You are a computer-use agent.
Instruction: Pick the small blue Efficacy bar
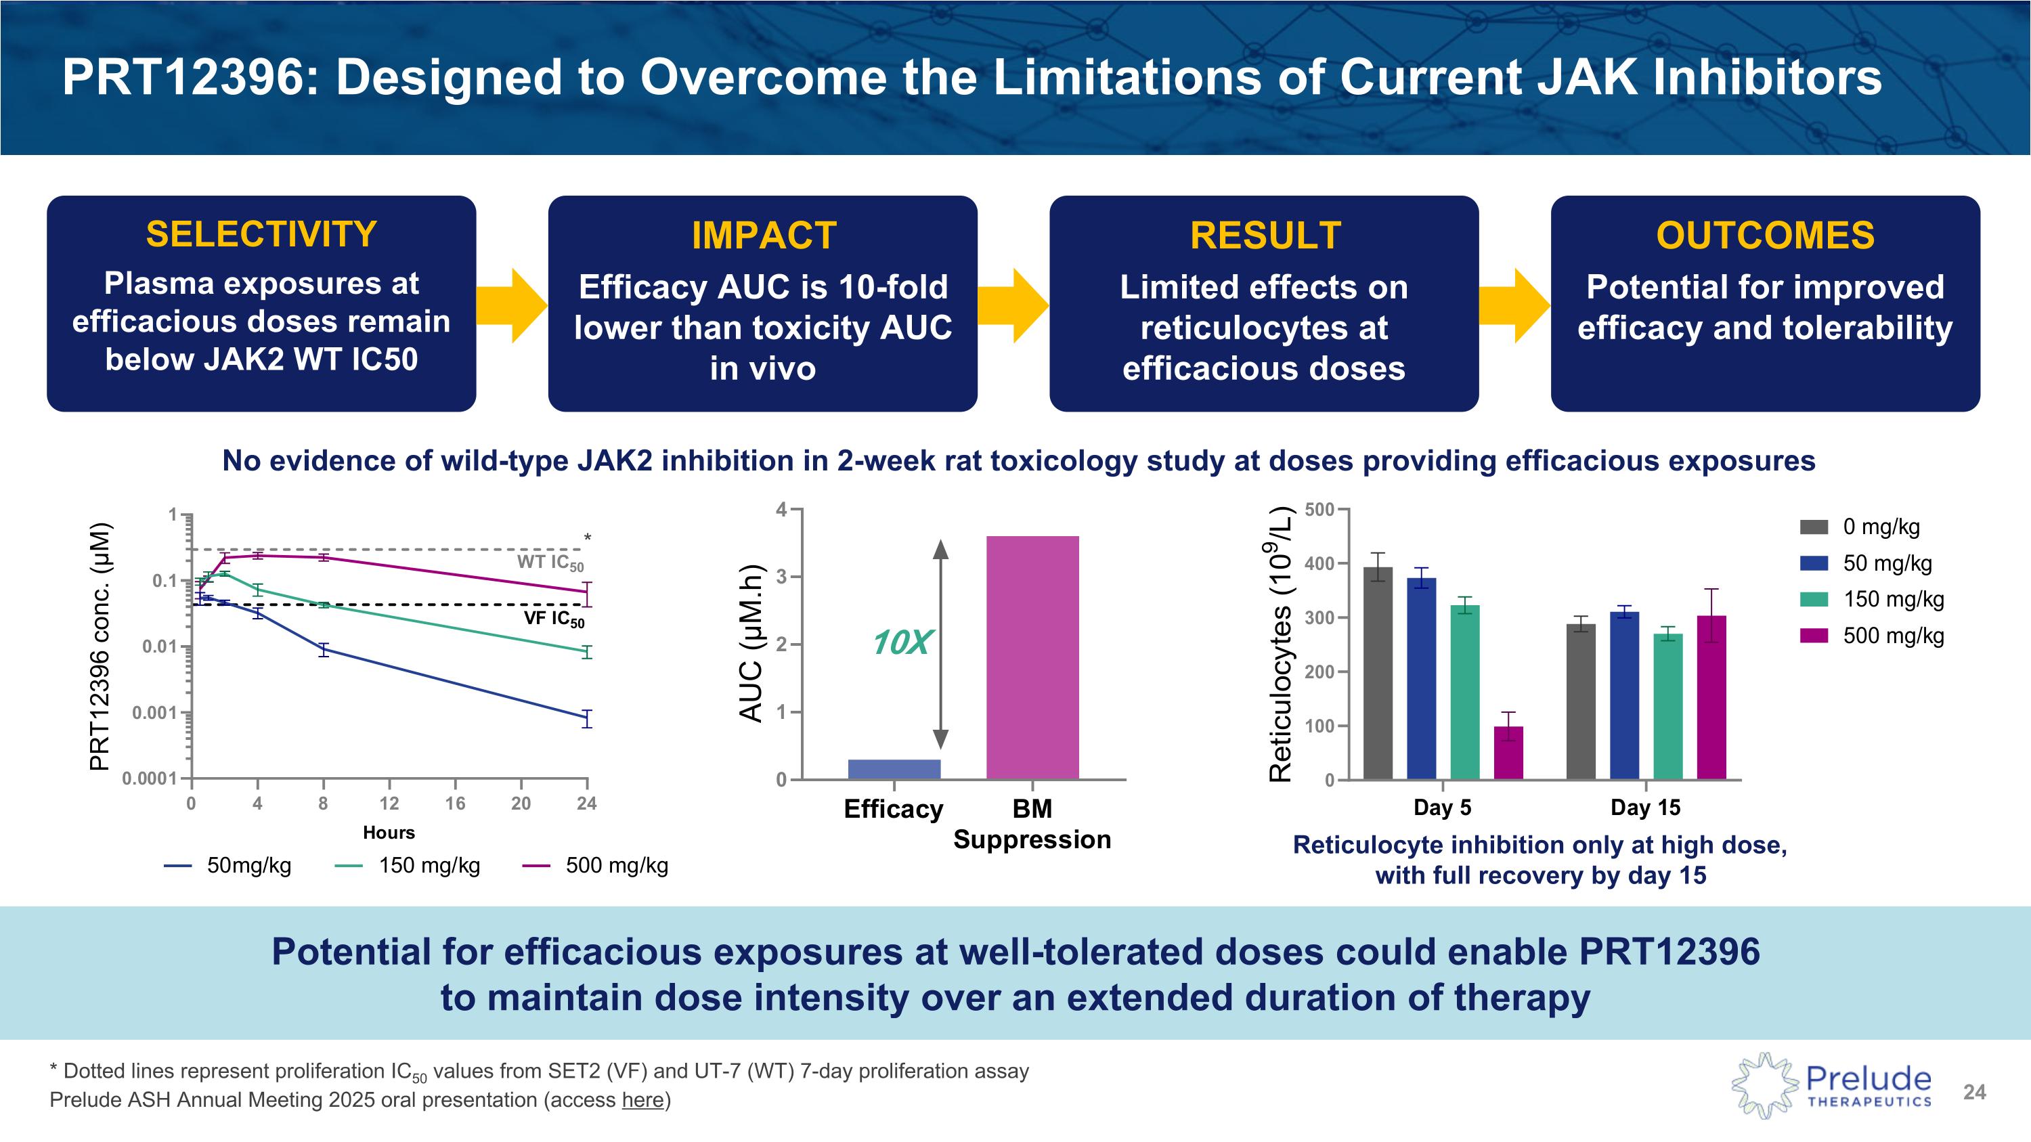click(894, 769)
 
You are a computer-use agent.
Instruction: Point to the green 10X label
click(900, 643)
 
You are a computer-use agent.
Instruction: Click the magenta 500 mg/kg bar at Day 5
click(1508, 753)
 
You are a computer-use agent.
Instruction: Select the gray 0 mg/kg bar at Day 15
click(1581, 701)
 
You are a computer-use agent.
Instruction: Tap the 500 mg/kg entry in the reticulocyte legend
click(1873, 635)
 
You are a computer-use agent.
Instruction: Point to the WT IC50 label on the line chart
click(550, 563)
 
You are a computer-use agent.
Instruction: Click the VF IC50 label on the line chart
click(554, 619)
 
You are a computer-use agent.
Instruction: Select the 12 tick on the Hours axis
click(389, 803)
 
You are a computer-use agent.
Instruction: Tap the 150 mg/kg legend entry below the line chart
click(408, 865)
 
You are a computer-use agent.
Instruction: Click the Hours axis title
click(389, 832)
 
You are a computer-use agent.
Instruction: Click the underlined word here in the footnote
click(642, 1099)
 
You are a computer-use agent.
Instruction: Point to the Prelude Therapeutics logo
click(1831, 1086)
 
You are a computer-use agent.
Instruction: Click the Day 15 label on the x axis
click(1646, 807)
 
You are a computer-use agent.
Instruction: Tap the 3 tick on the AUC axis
click(781, 577)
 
